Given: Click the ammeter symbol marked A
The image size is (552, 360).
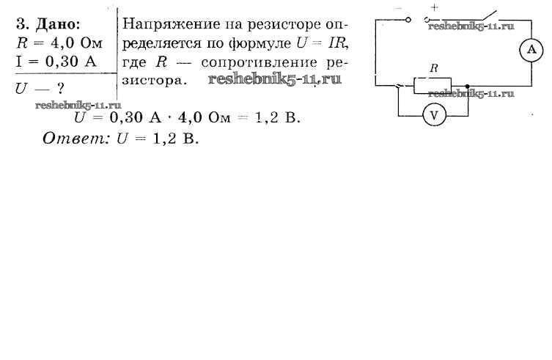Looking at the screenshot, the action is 531,50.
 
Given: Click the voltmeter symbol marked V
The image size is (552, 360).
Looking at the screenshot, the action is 434,115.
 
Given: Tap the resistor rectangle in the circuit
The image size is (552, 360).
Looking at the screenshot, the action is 433,86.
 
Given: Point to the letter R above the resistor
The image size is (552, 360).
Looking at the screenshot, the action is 434,68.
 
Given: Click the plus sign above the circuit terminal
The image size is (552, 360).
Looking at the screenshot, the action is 435,7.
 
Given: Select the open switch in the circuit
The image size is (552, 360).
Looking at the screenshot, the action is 487,16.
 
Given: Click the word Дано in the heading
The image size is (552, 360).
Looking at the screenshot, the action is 58,25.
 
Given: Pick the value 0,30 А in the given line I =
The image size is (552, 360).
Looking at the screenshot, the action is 71,62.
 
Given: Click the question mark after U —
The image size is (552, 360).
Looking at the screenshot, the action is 60,89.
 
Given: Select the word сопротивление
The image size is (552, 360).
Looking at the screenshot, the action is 259,63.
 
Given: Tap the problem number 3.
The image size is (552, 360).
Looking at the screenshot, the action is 22,25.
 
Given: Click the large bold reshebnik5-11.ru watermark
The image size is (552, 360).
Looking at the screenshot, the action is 275,79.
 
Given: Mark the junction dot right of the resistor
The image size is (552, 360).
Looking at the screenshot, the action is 467,87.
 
